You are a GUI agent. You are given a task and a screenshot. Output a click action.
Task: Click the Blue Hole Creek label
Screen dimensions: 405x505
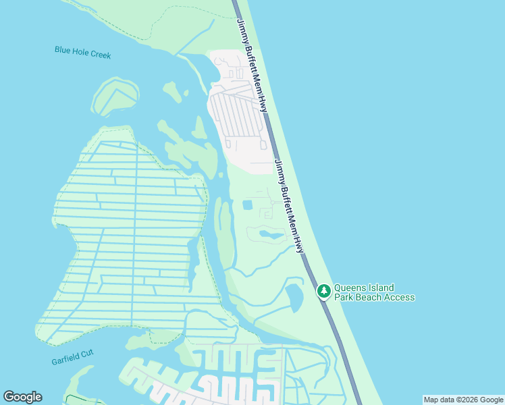click(83, 52)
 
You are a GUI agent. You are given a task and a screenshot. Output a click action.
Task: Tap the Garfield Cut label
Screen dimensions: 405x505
click(72, 360)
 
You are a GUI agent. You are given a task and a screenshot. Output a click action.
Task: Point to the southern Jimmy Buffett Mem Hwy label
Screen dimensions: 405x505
click(289, 206)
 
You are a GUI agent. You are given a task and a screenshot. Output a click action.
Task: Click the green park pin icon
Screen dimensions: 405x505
click(324, 291)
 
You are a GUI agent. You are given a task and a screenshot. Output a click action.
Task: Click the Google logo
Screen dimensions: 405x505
click(22, 397)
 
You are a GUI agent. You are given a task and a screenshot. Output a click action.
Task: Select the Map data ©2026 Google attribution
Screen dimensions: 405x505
click(463, 400)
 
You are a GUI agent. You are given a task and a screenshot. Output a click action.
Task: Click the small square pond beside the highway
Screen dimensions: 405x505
click(247, 205)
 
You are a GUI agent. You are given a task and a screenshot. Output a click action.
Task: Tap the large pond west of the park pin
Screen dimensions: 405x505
click(295, 296)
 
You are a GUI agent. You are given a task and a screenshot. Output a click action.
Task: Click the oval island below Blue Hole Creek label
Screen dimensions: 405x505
click(113, 97)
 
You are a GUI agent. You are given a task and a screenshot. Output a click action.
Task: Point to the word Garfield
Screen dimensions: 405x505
click(65, 361)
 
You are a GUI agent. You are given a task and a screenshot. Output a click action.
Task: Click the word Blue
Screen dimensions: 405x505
click(63, 50)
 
